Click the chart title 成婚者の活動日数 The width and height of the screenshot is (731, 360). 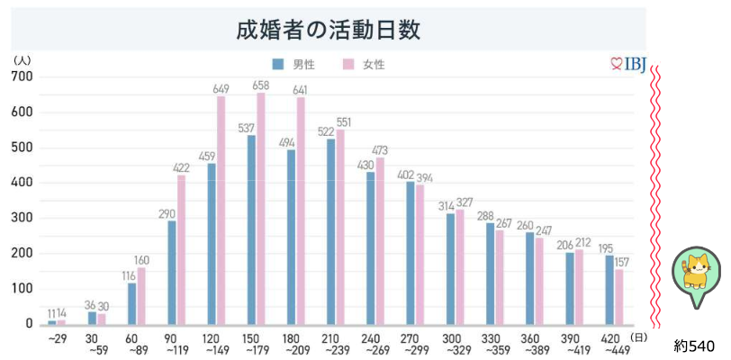pyautogui.click(x=329, y=30)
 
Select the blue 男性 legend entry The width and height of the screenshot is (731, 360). pyautogui.click(x=293, y=65)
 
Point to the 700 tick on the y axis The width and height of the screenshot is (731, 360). pyautogui.click(x=23, y=77)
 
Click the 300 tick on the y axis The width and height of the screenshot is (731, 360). pyautogui.click(x=23, y=218)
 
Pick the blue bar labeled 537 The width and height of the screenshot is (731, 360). pyautogui.click(x=251, y=229)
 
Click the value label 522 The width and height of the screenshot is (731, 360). pyautogui.click(x=327, y=132)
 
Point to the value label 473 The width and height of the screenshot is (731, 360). pyautogui.click(x=381, y=150)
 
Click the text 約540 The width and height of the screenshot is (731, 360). pyautogui.click(x=694, y=346)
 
